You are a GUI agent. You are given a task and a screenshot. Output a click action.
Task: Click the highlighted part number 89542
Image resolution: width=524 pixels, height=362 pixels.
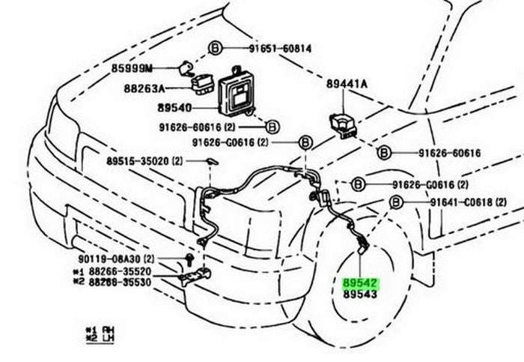click(361, 283)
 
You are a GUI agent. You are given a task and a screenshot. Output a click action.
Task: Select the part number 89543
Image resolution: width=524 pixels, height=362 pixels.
click(361, 295)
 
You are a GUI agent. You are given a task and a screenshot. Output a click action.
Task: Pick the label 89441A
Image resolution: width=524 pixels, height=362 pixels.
click(347, 84)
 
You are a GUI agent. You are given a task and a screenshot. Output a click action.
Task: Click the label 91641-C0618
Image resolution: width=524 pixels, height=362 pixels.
click(462, 202)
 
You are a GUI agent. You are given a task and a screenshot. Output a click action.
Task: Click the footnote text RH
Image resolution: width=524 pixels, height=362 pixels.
click(106, 329)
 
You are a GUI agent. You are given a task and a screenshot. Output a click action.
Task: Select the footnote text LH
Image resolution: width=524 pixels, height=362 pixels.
click(106, 338)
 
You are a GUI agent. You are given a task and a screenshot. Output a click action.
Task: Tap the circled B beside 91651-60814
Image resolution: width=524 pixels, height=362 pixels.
click(215, 49)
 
